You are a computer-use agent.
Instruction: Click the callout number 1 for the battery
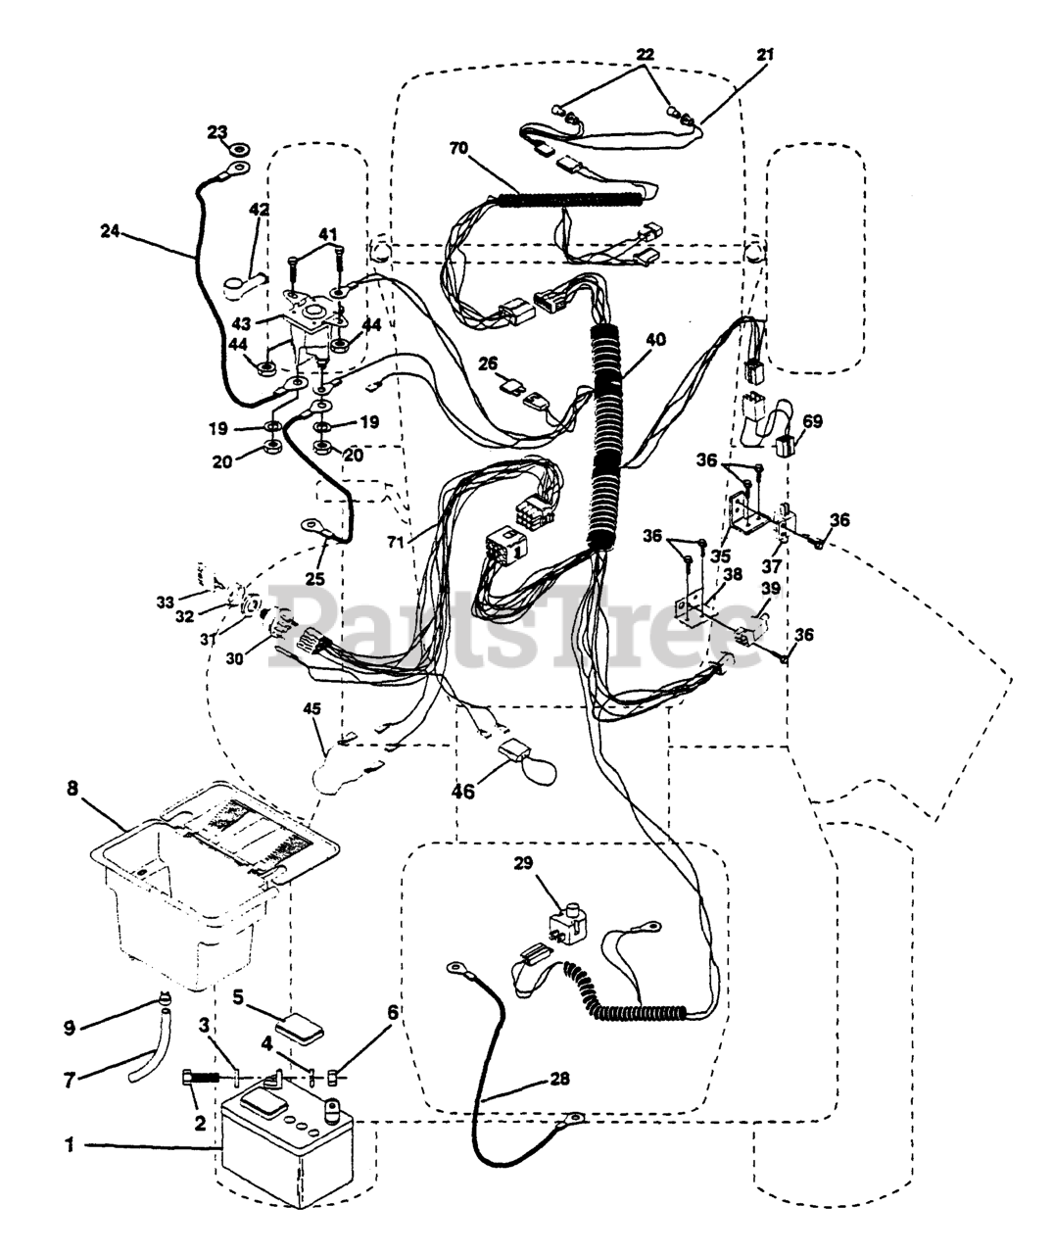click(x=70, y=1145)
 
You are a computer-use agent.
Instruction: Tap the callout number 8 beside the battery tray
click(x=72, y=789)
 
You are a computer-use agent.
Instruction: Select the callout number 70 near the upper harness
click(x=458, y=148)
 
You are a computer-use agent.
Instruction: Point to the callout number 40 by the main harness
click(x=655, y=340)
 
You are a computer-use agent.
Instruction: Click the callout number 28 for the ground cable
click(x=559, y=1079)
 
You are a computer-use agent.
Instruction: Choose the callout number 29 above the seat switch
click(x=523, y=863)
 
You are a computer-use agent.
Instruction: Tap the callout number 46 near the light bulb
click(x=463, y=793)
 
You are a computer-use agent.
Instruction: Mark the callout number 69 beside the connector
click(x=812, y=421)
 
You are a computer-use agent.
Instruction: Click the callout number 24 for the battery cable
click(x=111, y=230)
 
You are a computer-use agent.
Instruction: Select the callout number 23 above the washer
click(x=218, y=131)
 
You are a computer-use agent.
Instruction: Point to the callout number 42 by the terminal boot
click(x=259, y=210)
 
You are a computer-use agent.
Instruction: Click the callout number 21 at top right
click(x=765, y=55)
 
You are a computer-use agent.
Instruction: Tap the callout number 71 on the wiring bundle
click(x=395, y=541)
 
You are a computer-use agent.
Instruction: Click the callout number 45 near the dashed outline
click(x=312, y=709)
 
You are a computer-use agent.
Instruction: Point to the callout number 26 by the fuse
click(x=489, y=363)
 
